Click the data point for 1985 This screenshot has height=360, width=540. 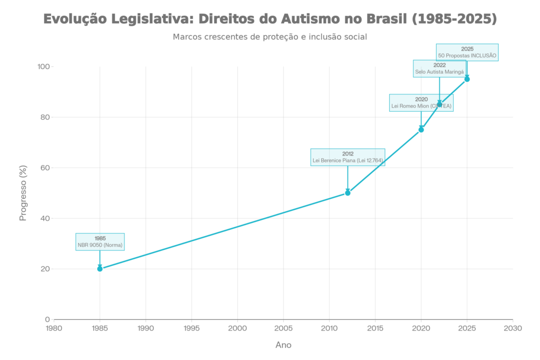coord(100,269)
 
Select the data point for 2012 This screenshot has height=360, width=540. coord(348,193)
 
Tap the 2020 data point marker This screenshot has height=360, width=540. coord(421,130)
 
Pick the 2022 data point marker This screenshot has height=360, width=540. coord(440,104)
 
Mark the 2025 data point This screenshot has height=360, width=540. coord(467,79)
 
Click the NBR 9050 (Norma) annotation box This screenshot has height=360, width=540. coord(100,241)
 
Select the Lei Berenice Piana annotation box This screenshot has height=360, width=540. coord(348,157)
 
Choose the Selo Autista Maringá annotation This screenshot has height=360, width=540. coord(440,69)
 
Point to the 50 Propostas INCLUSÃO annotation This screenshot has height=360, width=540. coord(467,52)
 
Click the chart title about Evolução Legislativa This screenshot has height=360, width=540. coord(270,20)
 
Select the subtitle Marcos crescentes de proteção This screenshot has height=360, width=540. coord(270,37)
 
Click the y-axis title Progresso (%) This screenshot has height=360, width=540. coord(23,193)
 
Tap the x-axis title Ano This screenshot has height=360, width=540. coord(283,345)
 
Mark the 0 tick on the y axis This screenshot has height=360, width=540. coord(47,319)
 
